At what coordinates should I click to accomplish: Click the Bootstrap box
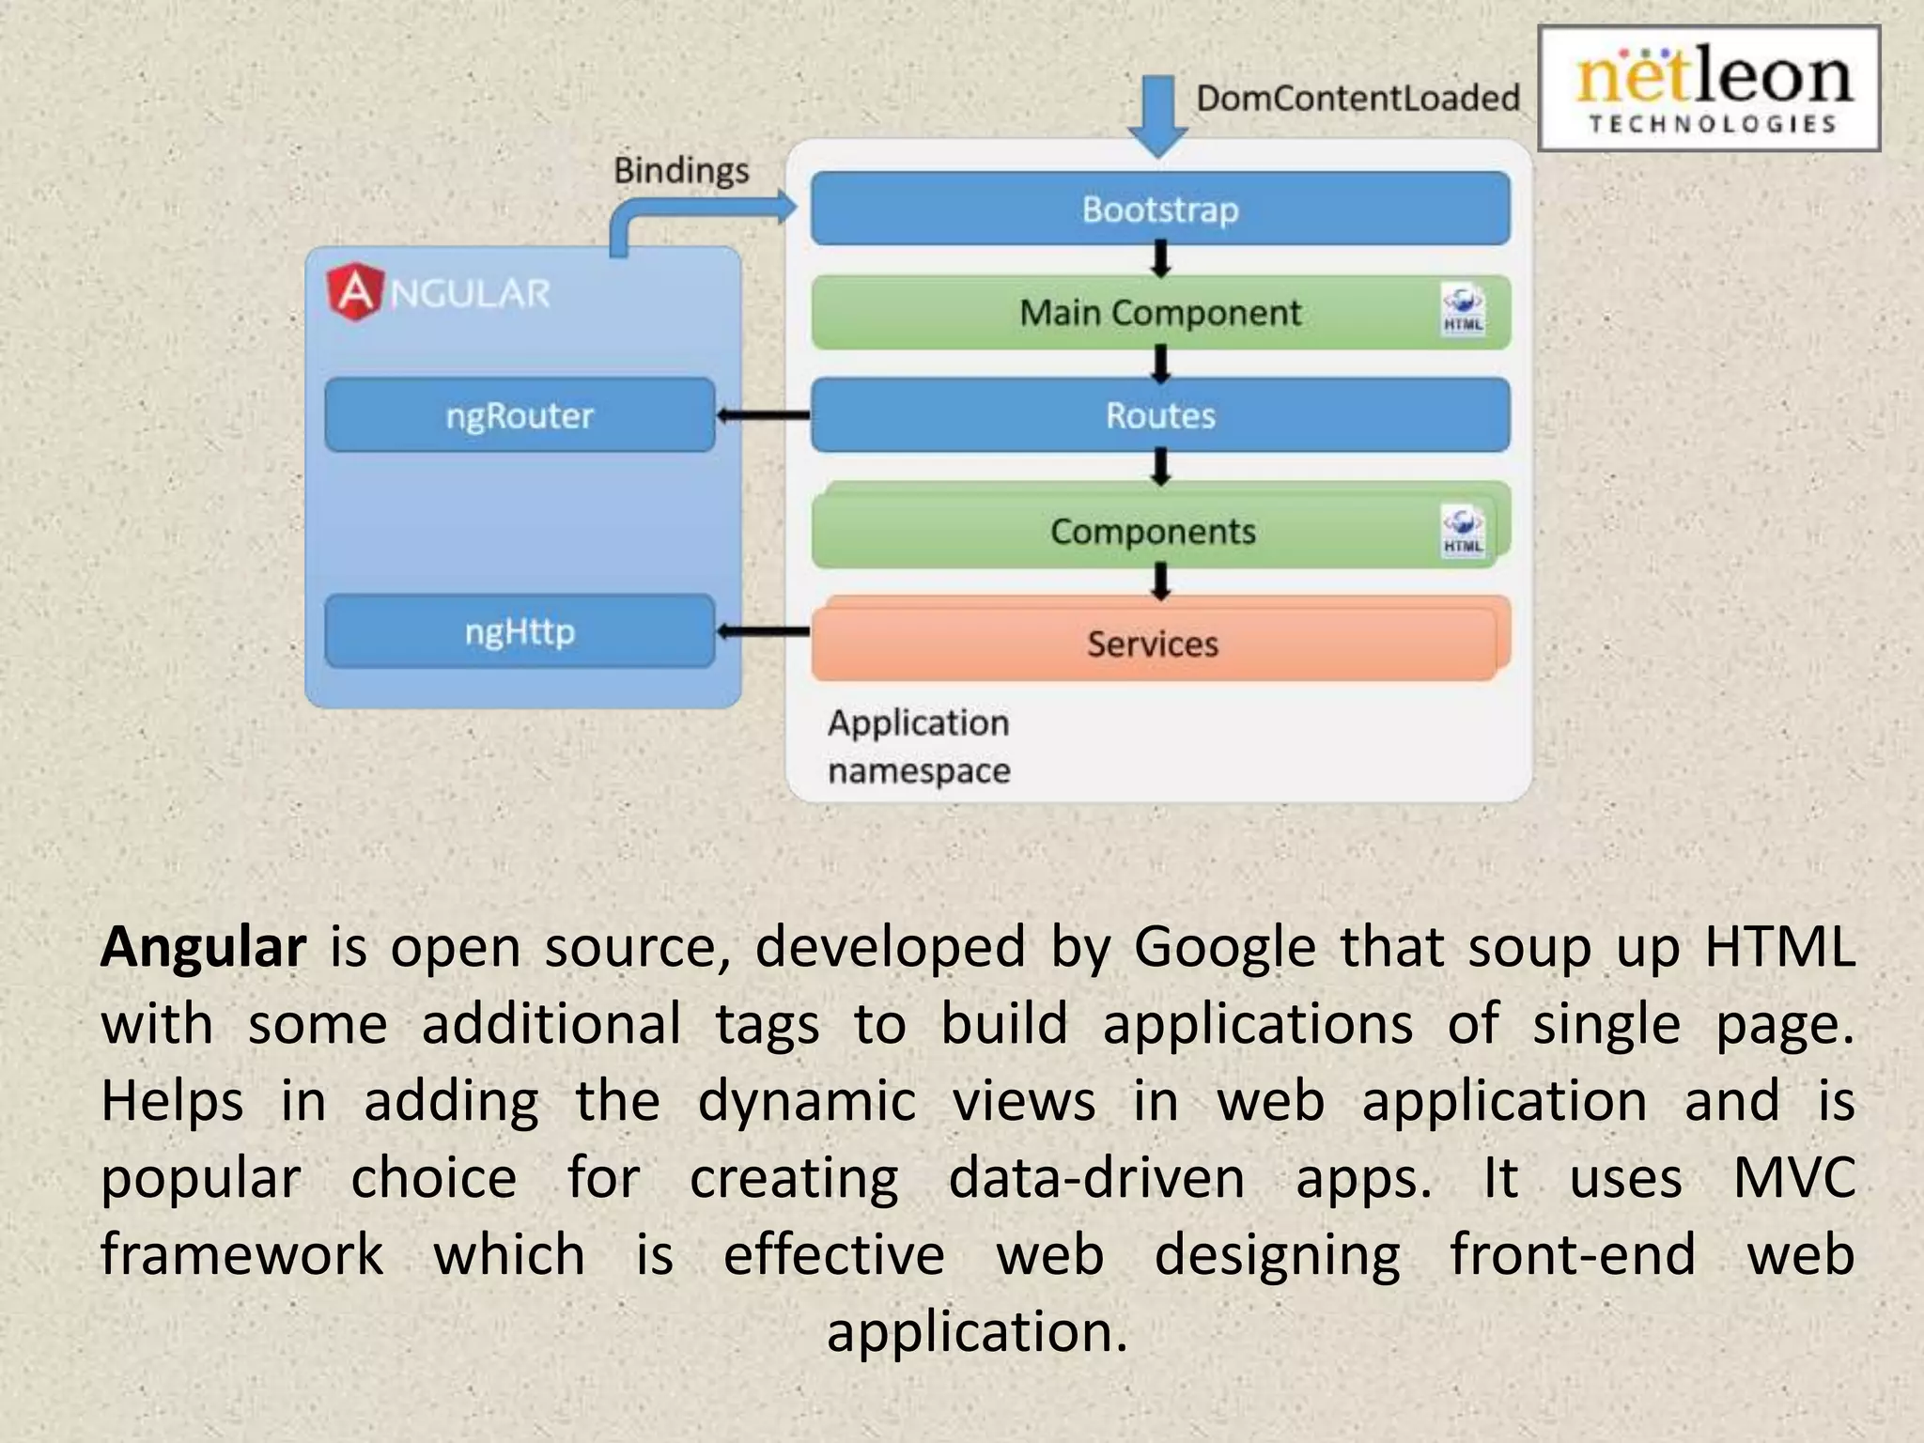coord(1160,209)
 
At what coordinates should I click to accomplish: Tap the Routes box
coord(1160,415)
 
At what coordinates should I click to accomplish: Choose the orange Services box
coord(1154,644)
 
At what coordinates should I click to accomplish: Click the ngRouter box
coord(520,415)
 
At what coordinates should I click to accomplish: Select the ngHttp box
coord(520,631)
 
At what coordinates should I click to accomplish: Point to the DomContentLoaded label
coord(1358,98)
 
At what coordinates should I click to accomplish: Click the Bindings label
coord(681,171)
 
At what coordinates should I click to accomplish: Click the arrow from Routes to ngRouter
coord(763,415)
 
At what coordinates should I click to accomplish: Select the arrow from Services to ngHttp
coord(763,631)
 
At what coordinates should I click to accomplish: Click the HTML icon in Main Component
coord(1463,310)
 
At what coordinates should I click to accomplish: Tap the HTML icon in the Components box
coord(1463,531)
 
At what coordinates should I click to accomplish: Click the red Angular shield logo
coord(354,292)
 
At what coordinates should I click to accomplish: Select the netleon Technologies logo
coord(1709,89)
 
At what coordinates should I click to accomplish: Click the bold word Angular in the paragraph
coord(203,947)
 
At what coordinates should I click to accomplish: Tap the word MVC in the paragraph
coord(1794,1178)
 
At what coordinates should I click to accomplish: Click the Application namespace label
coord(919,746)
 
